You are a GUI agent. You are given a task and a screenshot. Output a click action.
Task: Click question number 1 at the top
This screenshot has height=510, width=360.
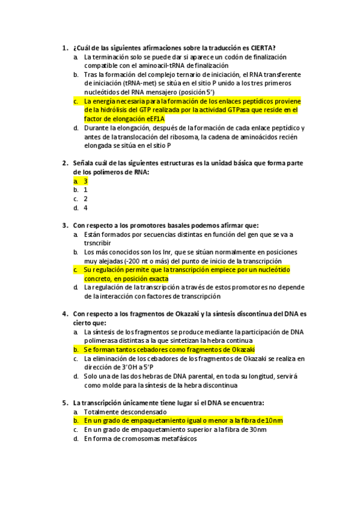pos(64,48)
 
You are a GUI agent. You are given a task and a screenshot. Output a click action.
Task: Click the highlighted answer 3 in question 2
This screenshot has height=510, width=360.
pos(86,180)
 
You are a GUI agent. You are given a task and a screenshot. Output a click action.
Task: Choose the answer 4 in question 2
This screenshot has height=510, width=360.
pos(86,207)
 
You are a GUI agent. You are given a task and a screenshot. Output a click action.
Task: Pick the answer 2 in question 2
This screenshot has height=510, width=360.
pos(86,198)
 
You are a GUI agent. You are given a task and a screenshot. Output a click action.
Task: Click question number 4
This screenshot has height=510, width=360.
pos(64,314)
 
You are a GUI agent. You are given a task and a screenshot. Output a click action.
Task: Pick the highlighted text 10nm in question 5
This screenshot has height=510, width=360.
pos(273,420)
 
